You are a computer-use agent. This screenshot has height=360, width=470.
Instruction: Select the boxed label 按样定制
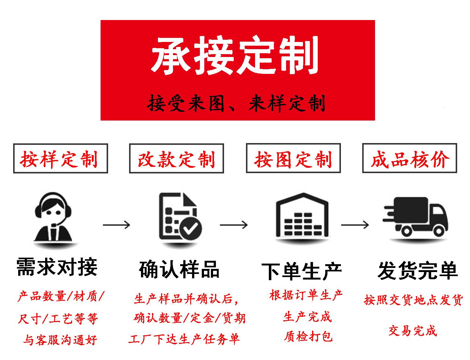click(60, 158)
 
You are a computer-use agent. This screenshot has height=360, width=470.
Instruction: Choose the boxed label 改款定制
click(176, 158)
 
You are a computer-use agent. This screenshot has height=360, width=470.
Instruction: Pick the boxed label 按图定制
click(293, 158)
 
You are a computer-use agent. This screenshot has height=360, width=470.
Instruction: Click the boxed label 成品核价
click(410, 158)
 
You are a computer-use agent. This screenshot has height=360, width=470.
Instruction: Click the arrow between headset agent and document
click(116, 224)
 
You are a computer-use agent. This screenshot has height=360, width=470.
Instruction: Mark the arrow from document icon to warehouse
click(234, 224)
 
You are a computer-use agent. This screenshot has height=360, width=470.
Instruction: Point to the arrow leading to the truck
click(355, 224)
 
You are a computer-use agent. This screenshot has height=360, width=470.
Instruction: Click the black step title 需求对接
click(57, 267)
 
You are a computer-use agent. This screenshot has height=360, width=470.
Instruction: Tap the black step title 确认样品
click(179, 269)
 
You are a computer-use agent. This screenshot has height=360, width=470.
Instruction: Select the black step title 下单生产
click(301, 271)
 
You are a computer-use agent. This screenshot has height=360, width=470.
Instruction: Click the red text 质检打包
click(308, 336)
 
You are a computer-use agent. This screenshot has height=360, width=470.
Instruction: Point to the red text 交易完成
click(412, 331)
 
